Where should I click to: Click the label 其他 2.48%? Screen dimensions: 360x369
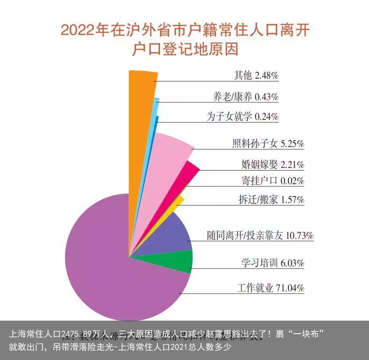(256, 76)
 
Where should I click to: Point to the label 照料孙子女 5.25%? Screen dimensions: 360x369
(268, 143)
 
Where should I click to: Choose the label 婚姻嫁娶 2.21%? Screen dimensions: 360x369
(272, 164)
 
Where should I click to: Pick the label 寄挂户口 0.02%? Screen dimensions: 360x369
(272, 180)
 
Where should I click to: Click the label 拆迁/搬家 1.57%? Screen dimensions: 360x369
(271, 200)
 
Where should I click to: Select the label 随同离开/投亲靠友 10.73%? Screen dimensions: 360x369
(260, 236)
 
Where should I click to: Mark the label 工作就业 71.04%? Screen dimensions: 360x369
(271, 288)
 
